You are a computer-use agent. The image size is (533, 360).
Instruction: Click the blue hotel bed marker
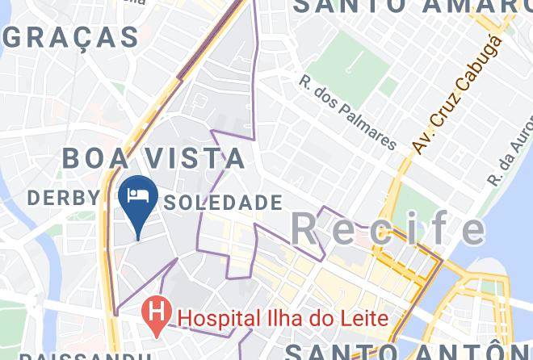pyautogui.click(x=137, y=199)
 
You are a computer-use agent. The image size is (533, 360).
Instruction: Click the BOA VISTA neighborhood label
pyautogui.click(x=153, y=157)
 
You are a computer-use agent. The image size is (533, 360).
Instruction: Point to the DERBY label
pyautogui.click(x=65, y=197)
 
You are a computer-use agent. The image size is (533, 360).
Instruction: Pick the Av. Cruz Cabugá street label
pyautogui.click(x=457, y=93)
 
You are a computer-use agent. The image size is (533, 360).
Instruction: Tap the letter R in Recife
pyautogui.click(x=304, y=229)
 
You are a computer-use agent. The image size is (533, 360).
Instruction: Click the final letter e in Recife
pyautogui.click(x=471, y=229)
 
